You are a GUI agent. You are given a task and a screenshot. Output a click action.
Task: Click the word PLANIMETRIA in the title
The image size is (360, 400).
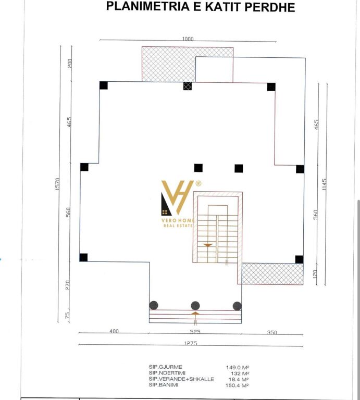pos(148,6)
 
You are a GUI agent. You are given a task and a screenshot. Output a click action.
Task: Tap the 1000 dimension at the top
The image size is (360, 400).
pos(188,39)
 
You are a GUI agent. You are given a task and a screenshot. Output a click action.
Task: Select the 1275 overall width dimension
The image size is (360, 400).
pos(191,343)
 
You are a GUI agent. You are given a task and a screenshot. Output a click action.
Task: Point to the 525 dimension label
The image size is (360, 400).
pos(195,332)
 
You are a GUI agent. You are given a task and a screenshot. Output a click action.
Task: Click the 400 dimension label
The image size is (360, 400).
pos(114,331)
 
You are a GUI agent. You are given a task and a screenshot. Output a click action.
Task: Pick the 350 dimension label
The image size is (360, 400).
pos(272,332)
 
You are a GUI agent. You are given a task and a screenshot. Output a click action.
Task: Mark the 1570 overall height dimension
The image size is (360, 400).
pos(58,184)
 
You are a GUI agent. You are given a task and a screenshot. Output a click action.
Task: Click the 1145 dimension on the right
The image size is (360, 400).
pos(324,184)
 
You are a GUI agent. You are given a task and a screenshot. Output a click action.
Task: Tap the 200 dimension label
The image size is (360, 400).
pos(70,63)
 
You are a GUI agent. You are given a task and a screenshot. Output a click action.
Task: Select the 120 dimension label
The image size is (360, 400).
pos(315,274)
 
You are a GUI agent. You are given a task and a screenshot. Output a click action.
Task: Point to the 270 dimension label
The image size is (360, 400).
pos(68,285)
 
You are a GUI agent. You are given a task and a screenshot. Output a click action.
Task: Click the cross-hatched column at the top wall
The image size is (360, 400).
pos(188,86)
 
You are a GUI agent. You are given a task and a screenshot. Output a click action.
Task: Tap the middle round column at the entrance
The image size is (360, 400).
pos(195,305)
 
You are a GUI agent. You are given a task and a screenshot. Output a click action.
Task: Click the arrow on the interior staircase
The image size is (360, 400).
pos(208,245)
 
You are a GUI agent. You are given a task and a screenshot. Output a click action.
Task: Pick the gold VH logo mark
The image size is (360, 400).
pos(177,197)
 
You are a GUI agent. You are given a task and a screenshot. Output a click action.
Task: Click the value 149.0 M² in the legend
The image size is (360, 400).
pos(238,367)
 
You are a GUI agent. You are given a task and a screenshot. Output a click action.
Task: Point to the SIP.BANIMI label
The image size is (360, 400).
pos(164,385)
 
